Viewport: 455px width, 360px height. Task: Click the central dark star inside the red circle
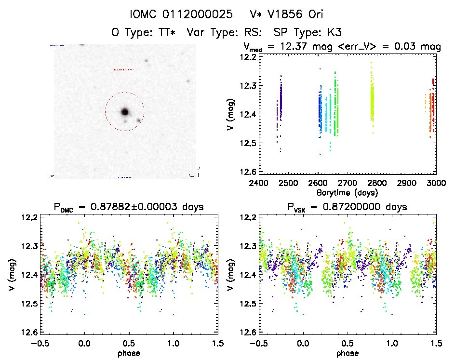pyautogui.click(x=125, y=112)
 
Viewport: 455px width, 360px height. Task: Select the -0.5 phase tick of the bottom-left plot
pyautogui.click(x=40, y=343)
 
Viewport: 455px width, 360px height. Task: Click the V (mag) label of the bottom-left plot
pyautogui.click(x=11, y=275)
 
